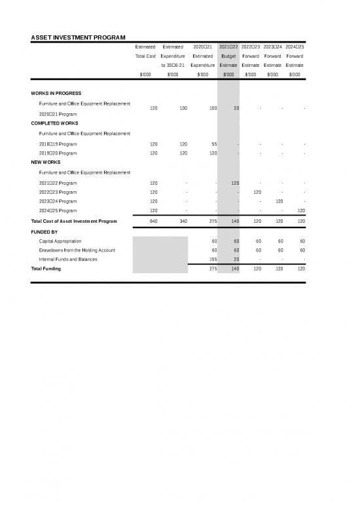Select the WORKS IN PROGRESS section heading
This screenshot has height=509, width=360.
(x=56, y=94)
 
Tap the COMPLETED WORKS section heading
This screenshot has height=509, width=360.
(x=54, y=123)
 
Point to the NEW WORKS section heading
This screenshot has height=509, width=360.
(x=46, y=162)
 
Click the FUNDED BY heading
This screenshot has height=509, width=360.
(x=44, y=232)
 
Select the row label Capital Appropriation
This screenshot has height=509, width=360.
(x=60, y=241)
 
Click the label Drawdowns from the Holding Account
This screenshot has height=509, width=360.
(x=77, y=250)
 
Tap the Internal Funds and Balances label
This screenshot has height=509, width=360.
(x=68, y=259)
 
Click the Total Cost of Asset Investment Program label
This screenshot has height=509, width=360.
(x=74, y=221)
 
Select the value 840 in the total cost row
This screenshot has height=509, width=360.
(x=154, y=221)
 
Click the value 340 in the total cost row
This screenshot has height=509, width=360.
(x=184, y=221)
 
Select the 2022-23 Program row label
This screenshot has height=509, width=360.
(x=58, y=192)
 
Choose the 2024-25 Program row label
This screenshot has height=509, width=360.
(x=58, y=211)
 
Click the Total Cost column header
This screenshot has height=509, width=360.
(x=145, y=56)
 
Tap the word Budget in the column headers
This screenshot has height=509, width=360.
(x=228, y=56)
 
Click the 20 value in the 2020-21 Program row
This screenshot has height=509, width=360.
(x=236, y=108)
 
